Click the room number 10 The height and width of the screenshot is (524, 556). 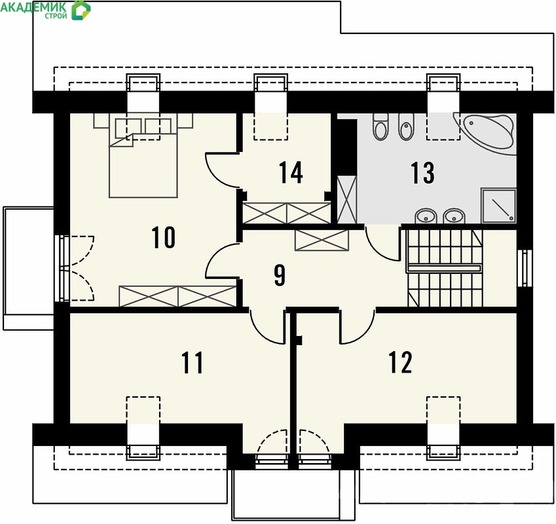[x=164, y=237]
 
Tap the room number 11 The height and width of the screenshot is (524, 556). [x=192, y=362]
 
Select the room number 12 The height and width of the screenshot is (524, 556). [x=400, y=362]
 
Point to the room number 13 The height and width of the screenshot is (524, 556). [x=422, y=173]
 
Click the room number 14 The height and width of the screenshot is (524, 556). [x=291, y=173]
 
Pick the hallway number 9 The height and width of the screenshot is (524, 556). [x=280, y=274]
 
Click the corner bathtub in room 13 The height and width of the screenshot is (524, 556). [x=485, y=133]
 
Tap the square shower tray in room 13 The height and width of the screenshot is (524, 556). [x=498, y=206]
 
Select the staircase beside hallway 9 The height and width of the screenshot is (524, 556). [x=445, y=268]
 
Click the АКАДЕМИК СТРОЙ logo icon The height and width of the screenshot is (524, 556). [x=81, y=10]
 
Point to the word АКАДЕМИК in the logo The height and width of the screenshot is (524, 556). [x=33, y=7]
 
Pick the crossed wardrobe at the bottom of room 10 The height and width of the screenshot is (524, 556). [x=177, y=296]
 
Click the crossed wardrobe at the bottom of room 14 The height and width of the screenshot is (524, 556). [x=286, y=213]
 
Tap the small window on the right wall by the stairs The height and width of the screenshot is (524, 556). [x=525, y=268]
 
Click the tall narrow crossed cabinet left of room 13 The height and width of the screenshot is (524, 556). [x=347, y=199]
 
